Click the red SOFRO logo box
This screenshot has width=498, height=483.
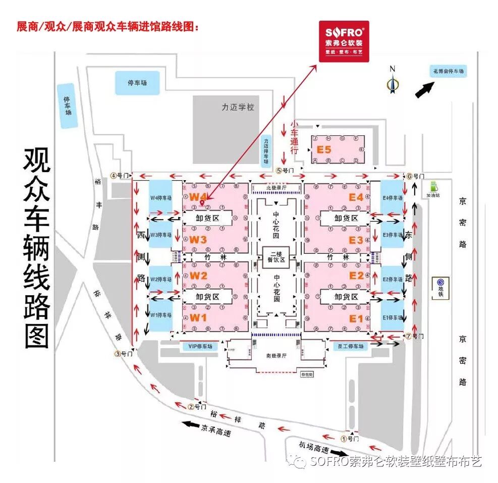point(344,41)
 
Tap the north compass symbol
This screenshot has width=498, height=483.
point(391,81)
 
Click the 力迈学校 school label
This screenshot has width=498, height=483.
point(238,108)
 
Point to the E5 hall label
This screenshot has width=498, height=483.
point(323,149)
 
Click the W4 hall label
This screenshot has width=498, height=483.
point(198,196)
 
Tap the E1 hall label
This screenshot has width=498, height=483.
point(356,318)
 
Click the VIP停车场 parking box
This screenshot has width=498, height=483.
point(200,347)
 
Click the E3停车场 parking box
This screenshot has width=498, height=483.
point(392,235)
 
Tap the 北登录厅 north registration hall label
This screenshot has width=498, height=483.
point(276,188)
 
